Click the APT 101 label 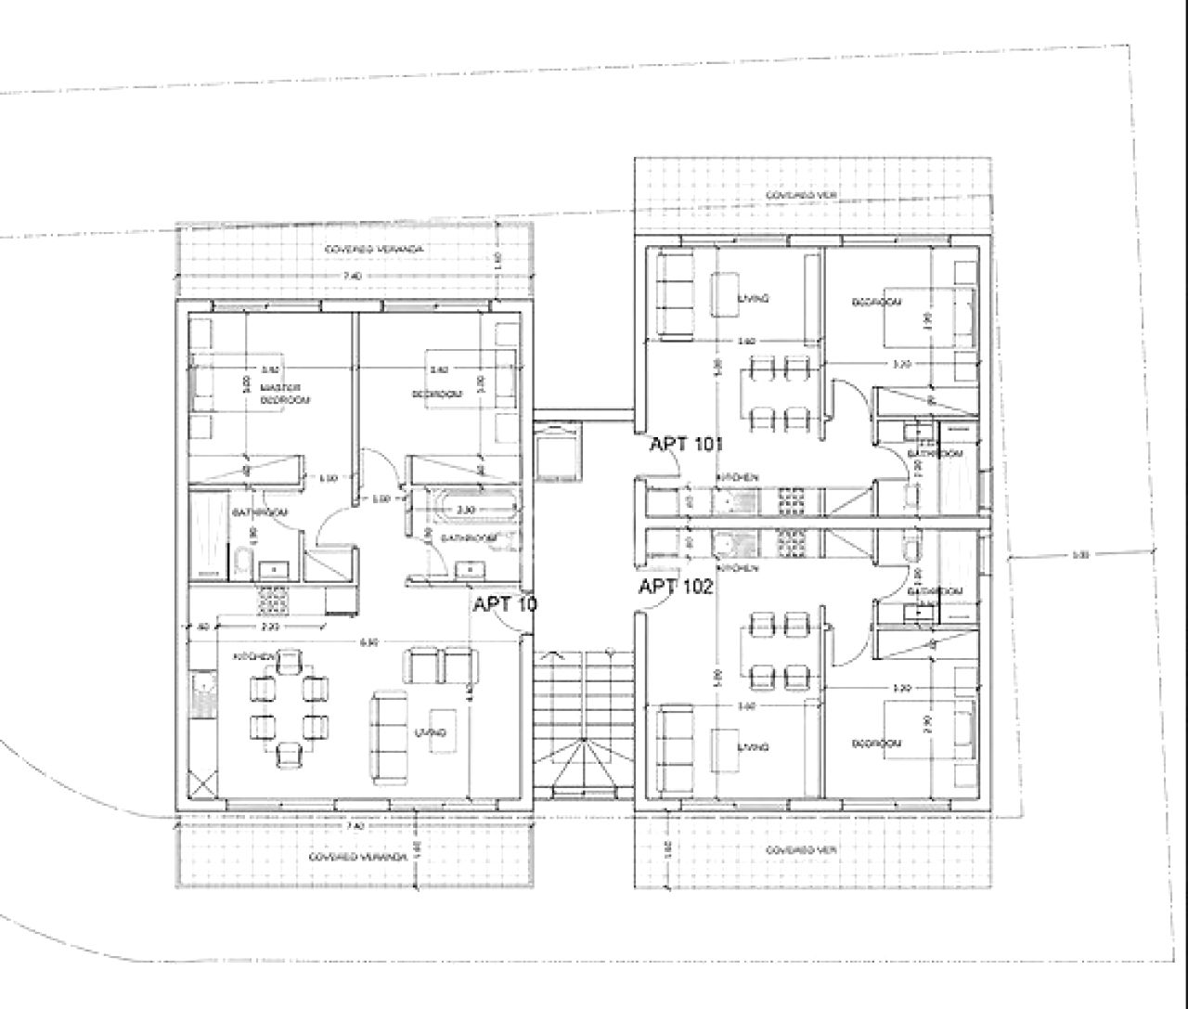pos(686,444)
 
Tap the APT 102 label pos(676,587)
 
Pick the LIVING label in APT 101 pos(753,299)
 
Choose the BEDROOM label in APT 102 pos(877,744)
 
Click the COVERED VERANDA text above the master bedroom pos(375,250)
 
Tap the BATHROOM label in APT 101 pos(931,454)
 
